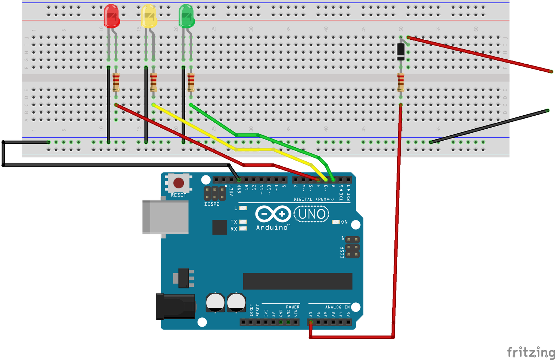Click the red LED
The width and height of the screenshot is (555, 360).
click(111, 16)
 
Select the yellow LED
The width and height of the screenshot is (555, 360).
click(149, 16)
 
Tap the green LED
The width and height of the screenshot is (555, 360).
click(186, 16)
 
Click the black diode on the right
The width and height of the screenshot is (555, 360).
click(400, 51)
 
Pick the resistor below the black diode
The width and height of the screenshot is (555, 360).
click(400, 82)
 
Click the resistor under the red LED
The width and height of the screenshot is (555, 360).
click(116, 82)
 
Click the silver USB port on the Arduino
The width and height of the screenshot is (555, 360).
click(165, 217)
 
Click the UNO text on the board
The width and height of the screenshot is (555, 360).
click(311, 214)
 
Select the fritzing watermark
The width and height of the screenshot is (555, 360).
click(531, 352)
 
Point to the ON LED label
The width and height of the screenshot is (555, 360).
click(344, 222)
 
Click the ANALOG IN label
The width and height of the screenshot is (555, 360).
click(337, 307)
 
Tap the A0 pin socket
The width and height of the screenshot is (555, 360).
click(311, 322)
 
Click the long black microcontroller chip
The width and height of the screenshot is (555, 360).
click(297, 281)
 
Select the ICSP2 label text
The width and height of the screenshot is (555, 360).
click(212, 204)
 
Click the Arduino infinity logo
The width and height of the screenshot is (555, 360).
click(273, 213)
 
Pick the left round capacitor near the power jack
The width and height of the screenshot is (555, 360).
click(215, 303)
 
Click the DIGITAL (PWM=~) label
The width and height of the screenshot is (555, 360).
click(314, 199)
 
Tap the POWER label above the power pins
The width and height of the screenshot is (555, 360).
click(292, 307)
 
